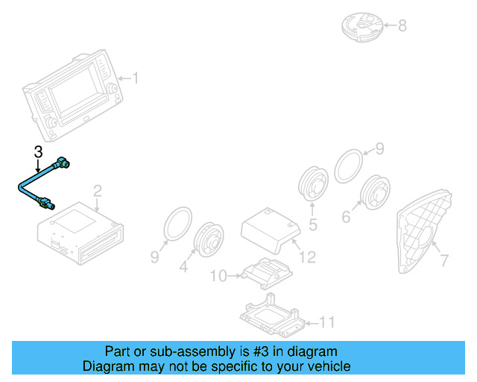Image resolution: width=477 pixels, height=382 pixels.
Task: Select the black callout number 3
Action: (x=38, y=152)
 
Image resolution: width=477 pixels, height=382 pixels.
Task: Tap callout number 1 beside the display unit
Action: (x=136, y=78)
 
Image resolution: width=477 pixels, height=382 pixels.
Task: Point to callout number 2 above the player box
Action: (x=98, y=191)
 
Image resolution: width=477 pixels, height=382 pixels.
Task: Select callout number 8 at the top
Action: (x=402, y=25)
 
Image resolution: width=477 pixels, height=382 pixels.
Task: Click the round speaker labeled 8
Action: (x=363, y=27)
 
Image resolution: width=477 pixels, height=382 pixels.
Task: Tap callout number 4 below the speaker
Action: (x=183, y=266)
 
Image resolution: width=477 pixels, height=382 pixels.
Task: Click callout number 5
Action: (x=313, y=225)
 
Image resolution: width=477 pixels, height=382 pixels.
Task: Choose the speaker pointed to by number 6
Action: (x=375, y=192)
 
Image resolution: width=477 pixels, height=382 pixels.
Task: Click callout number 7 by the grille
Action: (x=444, y=260)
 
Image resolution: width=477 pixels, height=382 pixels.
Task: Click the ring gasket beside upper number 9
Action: (x=349, y=166)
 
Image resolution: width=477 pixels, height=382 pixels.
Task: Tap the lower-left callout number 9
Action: (x=155, y=257)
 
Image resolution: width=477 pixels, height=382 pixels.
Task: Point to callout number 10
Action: (x=218, y=276)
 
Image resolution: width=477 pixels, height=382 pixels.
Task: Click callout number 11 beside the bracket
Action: (x=327, y=322)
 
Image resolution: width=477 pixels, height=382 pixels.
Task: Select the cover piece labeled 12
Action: (x=271, y=230)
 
